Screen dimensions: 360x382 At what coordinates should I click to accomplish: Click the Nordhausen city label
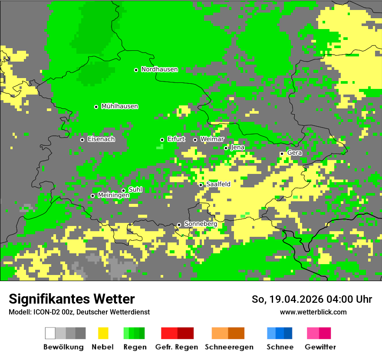(x=159, y=69)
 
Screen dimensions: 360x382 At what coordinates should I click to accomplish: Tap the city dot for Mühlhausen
(x=96, y=107)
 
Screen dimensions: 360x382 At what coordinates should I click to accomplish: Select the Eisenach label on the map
(x=101, y=139)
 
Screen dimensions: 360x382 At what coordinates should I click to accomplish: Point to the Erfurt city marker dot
(x=162, y=140)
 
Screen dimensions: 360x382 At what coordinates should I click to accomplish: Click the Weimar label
(x=212, y=139)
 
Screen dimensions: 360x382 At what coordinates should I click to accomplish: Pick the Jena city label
(x=237, y=147)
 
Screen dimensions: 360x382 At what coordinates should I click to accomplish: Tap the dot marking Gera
(x=282, y=154)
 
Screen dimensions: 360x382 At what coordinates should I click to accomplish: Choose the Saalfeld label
(x=218, y=184)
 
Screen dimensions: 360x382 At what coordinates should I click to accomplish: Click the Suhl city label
(x=135, y=190)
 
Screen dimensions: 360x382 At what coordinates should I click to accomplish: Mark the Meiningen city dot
(x=92, y=196)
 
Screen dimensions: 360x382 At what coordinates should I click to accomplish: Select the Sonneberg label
(x=201, y=224)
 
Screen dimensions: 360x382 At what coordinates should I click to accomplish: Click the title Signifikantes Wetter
(x=72, y=299)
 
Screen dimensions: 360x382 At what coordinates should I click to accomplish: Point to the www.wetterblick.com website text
(x=313, y=312)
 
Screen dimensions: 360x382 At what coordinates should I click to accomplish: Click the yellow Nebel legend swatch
(x=103, y=333)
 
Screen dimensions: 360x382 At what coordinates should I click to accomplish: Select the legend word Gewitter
(x=320, y=347)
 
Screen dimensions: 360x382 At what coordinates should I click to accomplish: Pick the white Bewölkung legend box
(x=50, y=333)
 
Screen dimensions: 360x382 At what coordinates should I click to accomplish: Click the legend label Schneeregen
(x=229, y=347)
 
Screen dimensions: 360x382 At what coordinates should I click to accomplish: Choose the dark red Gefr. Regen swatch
(x=185, y=333)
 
